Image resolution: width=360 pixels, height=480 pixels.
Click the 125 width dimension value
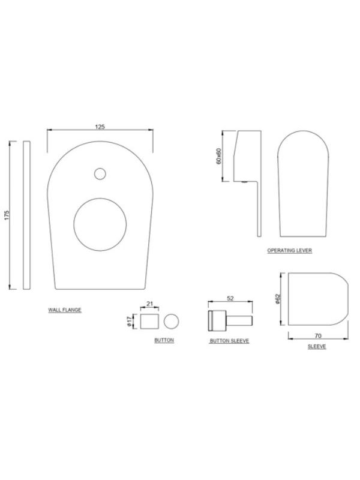[x=100, y=127]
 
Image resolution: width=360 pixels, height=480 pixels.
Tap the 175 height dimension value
[x=7, y=215]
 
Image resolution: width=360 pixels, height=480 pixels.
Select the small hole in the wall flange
[x=100, y=174]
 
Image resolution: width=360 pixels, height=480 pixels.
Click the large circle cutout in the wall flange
[x=100, y=224]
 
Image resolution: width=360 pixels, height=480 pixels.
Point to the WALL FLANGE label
[x=65, y=310]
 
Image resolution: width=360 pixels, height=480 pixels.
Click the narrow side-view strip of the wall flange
[x=26, y=215]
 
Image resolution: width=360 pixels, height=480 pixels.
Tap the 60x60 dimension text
[x=218, y=156]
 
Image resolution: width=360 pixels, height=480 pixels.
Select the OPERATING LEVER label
[x=290, y=250]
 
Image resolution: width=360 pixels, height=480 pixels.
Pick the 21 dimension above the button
[x=149, y=304]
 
